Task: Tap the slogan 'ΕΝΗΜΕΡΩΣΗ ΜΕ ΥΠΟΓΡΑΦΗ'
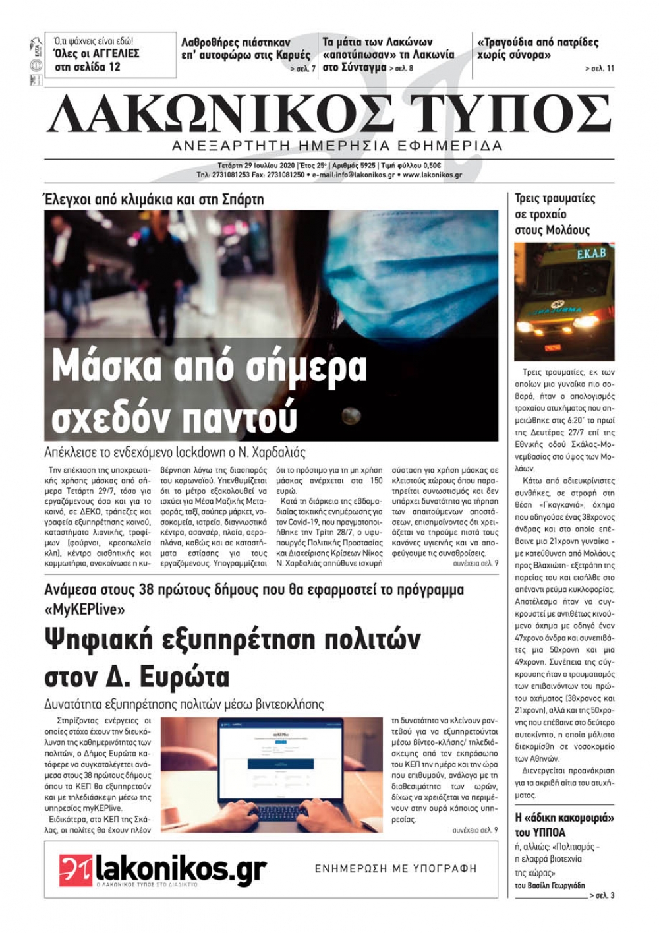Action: click(395, 868)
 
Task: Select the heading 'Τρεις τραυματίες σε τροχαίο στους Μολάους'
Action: click(554, 214)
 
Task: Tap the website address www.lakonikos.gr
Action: click(432, 175)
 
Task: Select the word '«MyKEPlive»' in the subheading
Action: click(84, 609)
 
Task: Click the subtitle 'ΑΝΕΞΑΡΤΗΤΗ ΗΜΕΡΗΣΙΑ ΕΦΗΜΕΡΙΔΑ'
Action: click(337, 146)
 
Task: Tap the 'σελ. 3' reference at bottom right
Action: click(602, 895)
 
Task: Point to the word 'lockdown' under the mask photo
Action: click(202, 452)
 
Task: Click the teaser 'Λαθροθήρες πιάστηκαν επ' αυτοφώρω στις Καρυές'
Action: click(245, 49)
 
